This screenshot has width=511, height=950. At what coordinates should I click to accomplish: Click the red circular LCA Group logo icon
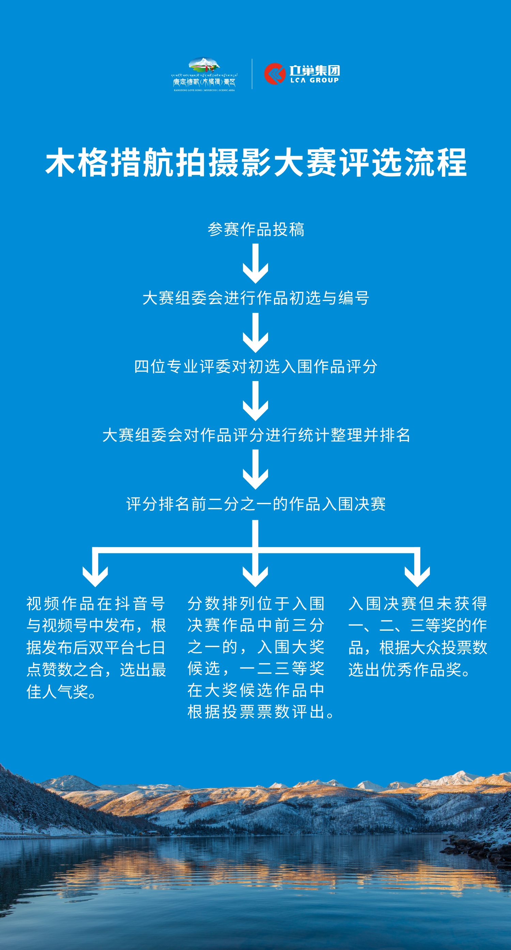click(275, 74)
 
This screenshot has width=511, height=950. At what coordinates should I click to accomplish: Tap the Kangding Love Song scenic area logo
click(204, 74)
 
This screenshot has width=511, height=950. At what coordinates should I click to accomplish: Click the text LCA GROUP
click(314, 81)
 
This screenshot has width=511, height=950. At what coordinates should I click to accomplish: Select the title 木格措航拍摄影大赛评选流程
click(256, 163)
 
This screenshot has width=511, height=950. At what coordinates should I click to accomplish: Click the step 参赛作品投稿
click(256, 229)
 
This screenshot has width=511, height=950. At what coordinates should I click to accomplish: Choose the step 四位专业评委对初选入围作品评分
click(256, 367)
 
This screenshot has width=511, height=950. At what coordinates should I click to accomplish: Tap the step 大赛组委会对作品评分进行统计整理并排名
click(256, 435)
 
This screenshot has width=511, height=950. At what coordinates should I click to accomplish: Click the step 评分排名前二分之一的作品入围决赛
click(256, 504)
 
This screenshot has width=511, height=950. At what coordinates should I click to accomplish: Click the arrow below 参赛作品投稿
click(255, 264)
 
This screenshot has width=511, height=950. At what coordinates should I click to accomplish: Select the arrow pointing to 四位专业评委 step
click(255, 332)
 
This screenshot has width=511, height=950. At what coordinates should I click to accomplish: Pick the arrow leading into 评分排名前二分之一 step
click(255, 469)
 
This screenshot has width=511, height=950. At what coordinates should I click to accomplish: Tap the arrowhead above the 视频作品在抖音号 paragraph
click(95, 576)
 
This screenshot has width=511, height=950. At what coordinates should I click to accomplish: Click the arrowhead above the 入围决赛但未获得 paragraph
click(417, 576)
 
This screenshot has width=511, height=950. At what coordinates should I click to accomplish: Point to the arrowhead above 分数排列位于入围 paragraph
click(255, 576)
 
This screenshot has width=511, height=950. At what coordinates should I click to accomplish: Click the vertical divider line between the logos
click(252, 74)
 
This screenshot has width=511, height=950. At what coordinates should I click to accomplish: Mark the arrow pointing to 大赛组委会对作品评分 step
click(255, 401)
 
